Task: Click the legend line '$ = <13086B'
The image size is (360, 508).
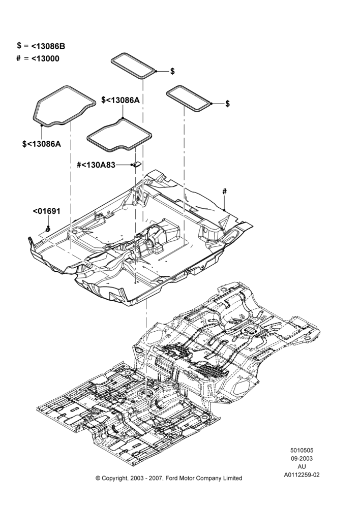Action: pyautogui.click(x=41, y=46)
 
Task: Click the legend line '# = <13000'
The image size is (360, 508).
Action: pyautogui.click(x=38, y=58)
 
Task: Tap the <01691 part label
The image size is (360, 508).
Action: pyautogui.click(x=47, y=211)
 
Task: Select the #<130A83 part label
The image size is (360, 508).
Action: pyautogui.click(x=96, y=165)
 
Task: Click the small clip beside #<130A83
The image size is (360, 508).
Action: pyautogui.click(x=137, y=164)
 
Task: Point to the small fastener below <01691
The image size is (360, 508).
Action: pyautogui.click(x=48, y=229)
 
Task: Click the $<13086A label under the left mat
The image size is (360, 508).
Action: pyautogui.click(x=42, y=144)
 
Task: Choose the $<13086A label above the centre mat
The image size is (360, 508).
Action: pyautogui.click(x=121, y=100)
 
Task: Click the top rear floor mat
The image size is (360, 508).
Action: pyautogui.click(x=134, y=65)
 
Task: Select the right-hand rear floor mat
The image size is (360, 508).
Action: pyautogui.click(x=189, y=99)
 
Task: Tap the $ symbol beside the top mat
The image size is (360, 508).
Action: pyautogui.click(x=172, y=71)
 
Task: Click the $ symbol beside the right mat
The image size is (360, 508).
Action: pyautogui.click(x=228, y=104)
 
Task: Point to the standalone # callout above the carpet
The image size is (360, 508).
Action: pyautogui.click(x=224, y=192)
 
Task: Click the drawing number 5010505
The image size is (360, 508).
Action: pyautogui.click(x=302, y=450)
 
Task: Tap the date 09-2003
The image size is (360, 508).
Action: pyautogui.click(x=302, y=458)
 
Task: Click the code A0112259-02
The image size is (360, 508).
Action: pyautogui.click(x=302, y=475)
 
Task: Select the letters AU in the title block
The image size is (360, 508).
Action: pyautogui.click(x=302, y=467)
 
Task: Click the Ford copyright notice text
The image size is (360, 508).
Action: pyautogui.click(x=169, y=478)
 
